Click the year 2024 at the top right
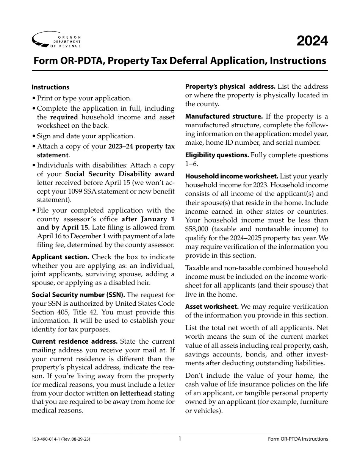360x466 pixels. coord(312,41)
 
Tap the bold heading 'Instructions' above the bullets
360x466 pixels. coord(50,87)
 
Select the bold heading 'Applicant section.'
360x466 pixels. coord(60,257)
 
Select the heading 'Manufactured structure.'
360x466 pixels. coord(224,116)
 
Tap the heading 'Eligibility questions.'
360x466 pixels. coord(217,155)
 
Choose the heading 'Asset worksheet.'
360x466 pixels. coord(211,306)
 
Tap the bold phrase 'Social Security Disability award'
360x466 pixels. coord(120,174)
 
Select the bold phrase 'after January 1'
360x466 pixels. coord(148,219)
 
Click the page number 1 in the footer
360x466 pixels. coord(180,439)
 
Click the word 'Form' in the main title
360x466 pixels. coord(44,61)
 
